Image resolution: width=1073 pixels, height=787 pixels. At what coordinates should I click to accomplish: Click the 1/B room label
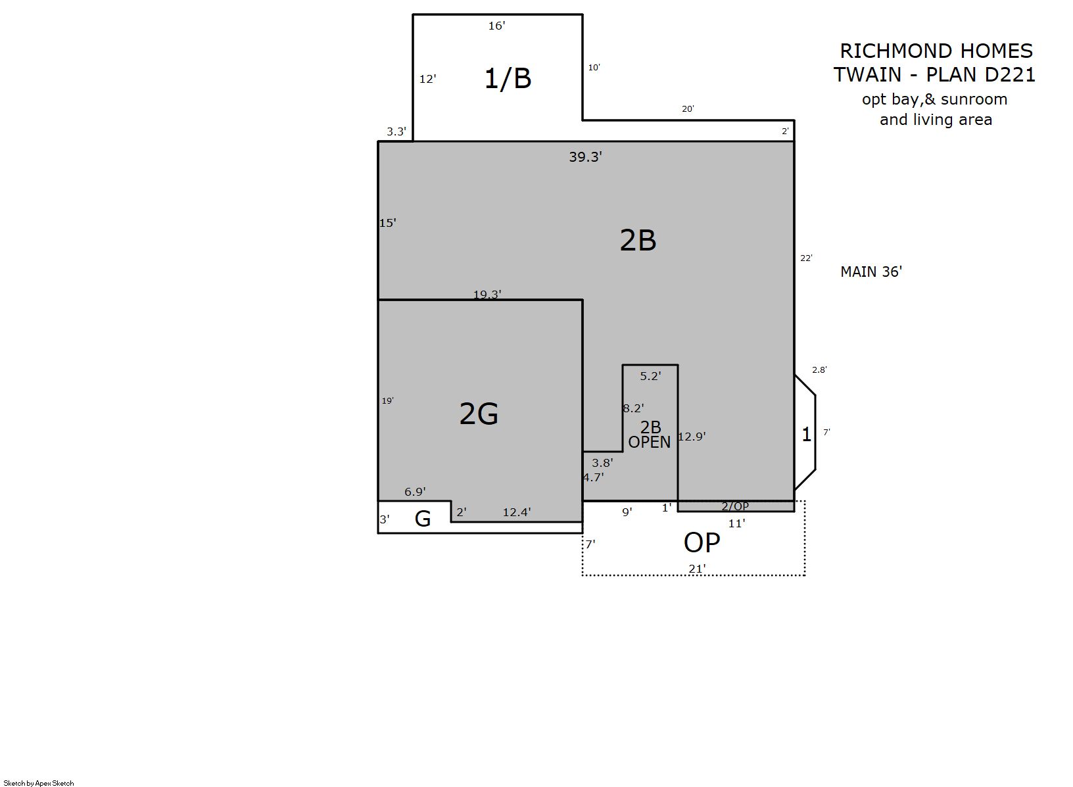coord(508,78)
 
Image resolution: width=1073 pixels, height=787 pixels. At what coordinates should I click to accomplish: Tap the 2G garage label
coord(479,414)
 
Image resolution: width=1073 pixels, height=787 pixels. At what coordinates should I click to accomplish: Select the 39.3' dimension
coord(585,156)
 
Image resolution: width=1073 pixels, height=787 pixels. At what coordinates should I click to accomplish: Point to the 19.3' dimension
coord(487,294)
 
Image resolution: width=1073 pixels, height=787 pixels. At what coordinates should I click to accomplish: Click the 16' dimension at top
coord(497,26)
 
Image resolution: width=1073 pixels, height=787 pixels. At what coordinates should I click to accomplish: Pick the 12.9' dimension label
coord(692,437)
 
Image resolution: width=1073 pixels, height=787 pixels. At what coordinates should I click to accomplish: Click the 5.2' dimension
coord(650,376)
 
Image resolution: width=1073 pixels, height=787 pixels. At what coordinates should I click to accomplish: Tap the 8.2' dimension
coord(633,408)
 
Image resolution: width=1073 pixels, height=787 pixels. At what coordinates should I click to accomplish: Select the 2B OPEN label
coord(650,435)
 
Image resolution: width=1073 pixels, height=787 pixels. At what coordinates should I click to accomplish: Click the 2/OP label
coord(735,506)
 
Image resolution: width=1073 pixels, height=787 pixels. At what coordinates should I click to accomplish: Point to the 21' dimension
coord(697,569)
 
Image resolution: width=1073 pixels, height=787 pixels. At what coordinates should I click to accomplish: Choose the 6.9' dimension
coord(415,491)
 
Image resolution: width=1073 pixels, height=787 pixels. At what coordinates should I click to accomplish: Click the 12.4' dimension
coord(516,512)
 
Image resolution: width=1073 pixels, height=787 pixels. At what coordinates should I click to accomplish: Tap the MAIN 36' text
coord(871,272)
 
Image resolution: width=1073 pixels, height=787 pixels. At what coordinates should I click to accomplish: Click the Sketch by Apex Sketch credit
coord(39,782)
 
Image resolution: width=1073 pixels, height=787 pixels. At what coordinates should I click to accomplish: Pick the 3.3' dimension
coord(396,131)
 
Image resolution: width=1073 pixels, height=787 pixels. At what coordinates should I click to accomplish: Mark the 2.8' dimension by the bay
coord(819,370)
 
